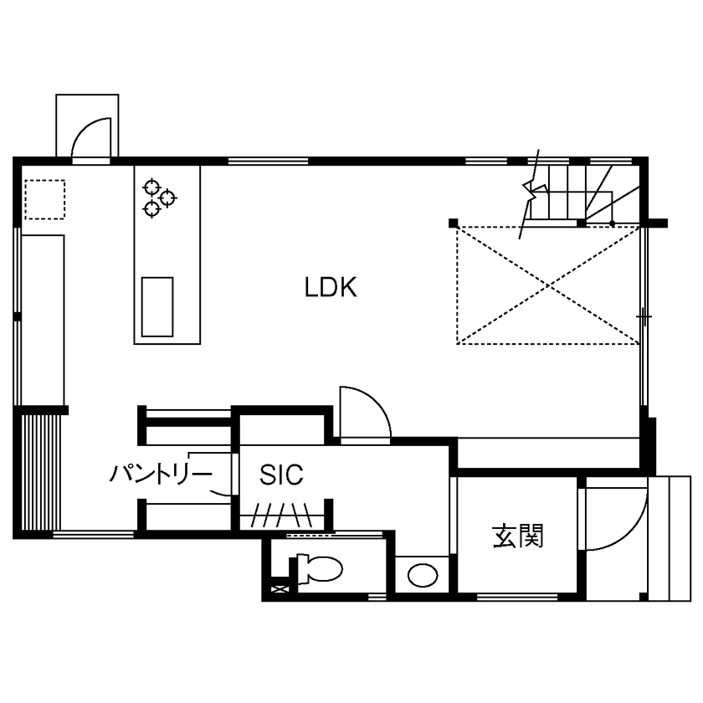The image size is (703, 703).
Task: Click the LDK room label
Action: [331, 289]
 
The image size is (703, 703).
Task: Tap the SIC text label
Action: [280, 475]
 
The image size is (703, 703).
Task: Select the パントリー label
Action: [161, 475]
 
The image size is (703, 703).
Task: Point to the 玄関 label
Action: [517, 536]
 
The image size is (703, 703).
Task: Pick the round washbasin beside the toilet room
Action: [422, 575]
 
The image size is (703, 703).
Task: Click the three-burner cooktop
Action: [159, 198]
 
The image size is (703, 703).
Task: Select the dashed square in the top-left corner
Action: [44, 199]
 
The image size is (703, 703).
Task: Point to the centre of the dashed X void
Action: [548, 285]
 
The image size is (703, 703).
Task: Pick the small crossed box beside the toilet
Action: [278, 590]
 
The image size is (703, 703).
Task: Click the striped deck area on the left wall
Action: [39, 471]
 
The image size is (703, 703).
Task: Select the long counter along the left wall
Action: [43, 318]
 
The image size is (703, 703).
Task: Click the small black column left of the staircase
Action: [453, 223]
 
